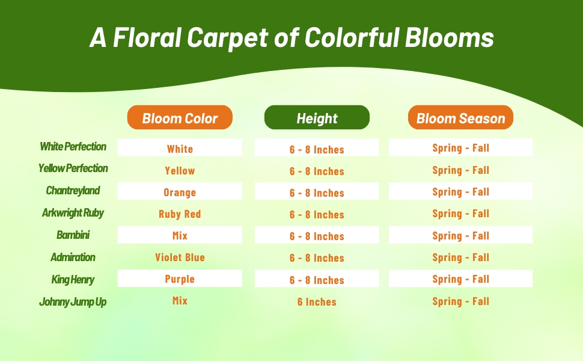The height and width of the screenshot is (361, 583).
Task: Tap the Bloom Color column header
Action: point(180,118)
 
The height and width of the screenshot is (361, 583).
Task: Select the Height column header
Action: point(317,118)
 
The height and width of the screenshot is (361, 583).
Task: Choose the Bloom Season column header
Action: point(460,118)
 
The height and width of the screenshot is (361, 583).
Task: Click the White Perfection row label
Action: point(73,147)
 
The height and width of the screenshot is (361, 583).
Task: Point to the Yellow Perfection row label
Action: point(73,168)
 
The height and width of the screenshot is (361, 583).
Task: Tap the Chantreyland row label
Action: point(73,191)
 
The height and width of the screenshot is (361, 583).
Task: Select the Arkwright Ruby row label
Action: point(73,213)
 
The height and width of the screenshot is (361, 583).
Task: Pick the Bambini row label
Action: point(73,235)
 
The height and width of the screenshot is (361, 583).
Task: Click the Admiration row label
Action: point(73,258)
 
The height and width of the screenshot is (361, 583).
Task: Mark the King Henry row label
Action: point(73,280)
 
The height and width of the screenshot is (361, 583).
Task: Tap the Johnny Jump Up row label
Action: point(73,302)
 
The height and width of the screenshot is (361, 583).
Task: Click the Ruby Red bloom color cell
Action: point(180,214)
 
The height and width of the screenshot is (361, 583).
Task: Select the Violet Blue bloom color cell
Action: point(180,258)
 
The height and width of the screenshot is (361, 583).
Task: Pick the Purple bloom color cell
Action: point(180,279)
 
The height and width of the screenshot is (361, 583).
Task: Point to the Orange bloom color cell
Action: point(180,193)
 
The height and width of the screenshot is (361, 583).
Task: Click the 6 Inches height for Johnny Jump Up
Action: point(317,302)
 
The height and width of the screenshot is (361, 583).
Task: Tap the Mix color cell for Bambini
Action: point(180,236)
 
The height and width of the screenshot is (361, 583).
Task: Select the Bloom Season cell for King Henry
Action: point(460,279)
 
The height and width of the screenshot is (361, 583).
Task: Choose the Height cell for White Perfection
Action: point(317,149)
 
